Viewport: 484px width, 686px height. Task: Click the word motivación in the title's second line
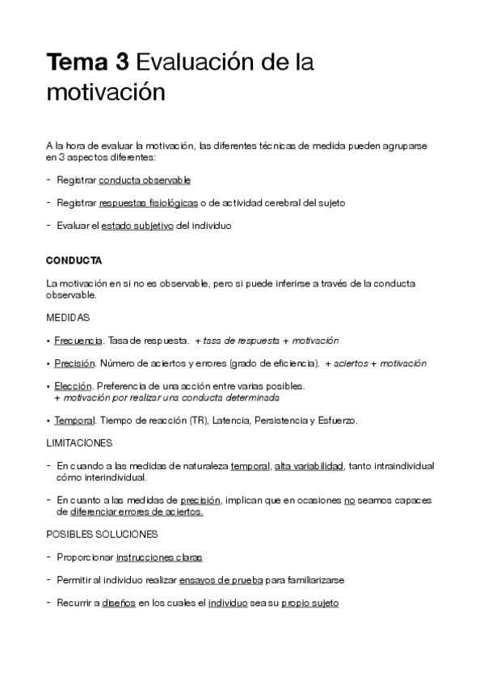105,91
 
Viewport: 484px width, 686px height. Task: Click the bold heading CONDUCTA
74,261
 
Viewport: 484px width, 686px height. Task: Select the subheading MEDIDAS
68,317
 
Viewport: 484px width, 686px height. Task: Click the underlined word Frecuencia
78,341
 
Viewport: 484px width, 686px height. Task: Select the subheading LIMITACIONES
79,443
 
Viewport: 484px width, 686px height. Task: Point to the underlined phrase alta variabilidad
309,467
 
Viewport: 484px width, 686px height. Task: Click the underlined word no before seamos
349,500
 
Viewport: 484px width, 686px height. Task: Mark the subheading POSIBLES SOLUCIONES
102,534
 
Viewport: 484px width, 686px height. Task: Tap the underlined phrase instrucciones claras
159,557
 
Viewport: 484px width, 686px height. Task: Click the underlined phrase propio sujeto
310,603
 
